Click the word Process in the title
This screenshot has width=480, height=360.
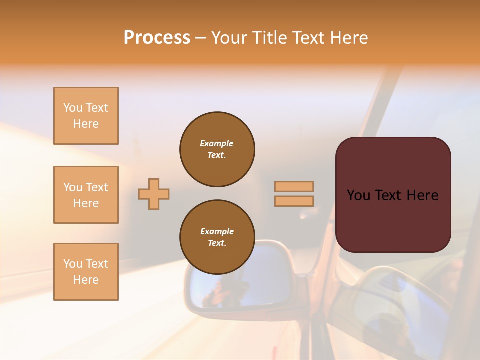[157, 38]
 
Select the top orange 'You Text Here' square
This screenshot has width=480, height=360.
[86, 116]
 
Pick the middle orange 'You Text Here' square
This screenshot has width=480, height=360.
[86, 195]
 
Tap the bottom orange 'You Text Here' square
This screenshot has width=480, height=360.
[86, 272]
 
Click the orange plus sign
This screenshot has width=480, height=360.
[154, 194]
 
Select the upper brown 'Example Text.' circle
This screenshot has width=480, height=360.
[217, 149]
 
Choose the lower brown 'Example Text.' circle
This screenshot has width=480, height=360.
[217, 237]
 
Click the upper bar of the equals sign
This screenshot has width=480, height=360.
[294, 186]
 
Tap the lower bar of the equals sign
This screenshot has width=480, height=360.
[294, 201]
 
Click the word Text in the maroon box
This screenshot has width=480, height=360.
[393, 195]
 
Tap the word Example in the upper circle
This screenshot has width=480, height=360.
[217, 143]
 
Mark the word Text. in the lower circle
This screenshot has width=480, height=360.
[217, 243]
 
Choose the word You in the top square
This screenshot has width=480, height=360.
[73, 108]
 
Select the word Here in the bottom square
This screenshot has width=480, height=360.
[86, 280]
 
